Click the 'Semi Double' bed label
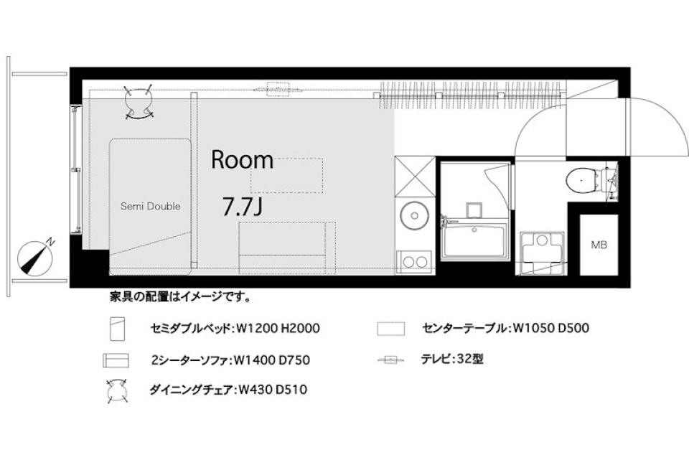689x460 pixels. tap(149, 207)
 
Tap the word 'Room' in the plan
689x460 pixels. tap(242, 160)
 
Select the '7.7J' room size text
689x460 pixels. tap(242, 208)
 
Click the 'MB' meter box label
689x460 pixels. tap(599, 245)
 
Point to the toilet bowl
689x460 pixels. tap(580, 181)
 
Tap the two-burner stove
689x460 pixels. tap(414, 261)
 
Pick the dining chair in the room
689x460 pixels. tap(139, 102)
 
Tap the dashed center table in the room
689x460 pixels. tap(286, 175)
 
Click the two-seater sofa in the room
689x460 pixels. tap(287, 248)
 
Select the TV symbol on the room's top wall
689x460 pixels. tap(279, 88)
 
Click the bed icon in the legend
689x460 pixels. tap(117, 329)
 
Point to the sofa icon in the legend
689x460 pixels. tap(115, 360)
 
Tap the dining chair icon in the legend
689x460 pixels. tap(116, 391)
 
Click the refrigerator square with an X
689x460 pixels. tap(413, 174)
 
